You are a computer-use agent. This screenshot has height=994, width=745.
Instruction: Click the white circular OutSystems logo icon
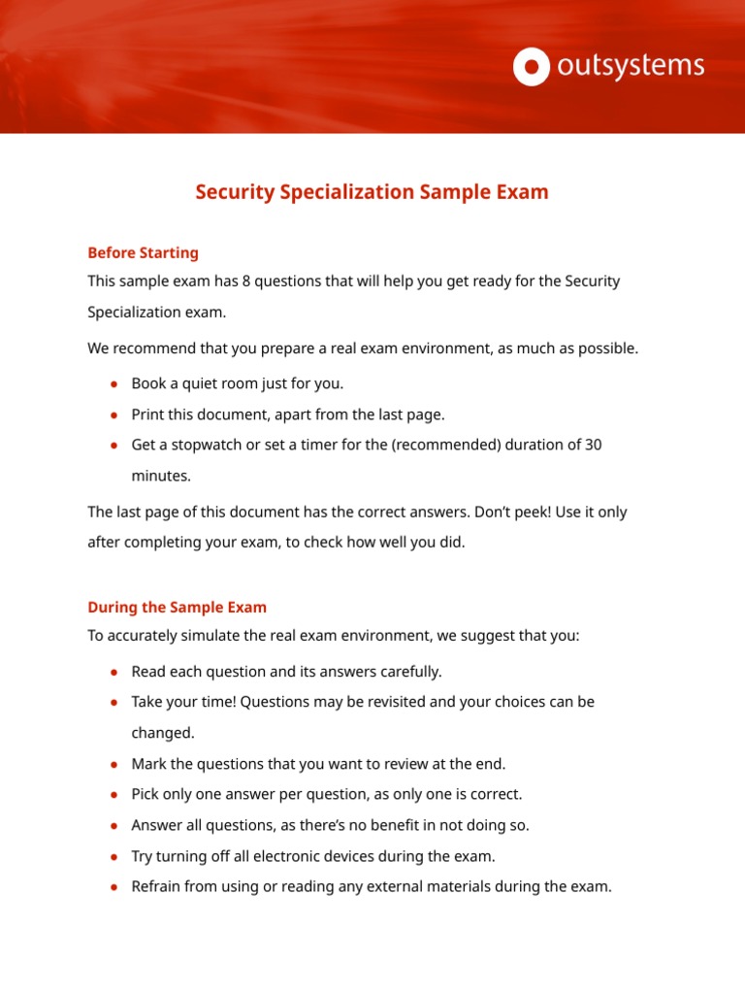[531, 67]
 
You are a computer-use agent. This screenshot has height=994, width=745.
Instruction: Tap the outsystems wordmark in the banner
[630, 66]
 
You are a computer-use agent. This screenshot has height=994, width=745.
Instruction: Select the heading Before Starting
[143, 252]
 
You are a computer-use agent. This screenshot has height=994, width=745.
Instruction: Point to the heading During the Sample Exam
[177, 607]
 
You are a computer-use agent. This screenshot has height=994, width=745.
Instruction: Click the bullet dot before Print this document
[114, 415]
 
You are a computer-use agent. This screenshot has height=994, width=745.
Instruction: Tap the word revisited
[392, 701]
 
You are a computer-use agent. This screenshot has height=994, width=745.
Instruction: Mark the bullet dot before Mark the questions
[114, 765]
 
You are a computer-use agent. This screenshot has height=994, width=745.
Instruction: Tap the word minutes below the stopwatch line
[161, 477]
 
